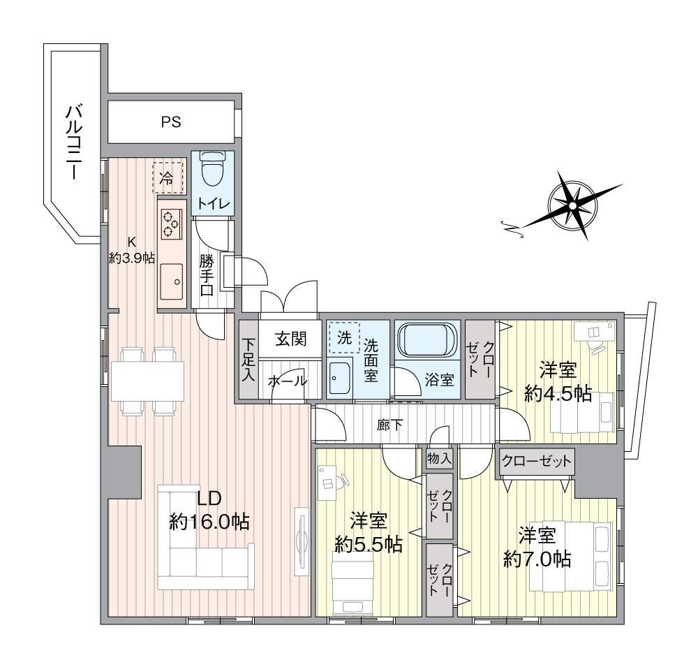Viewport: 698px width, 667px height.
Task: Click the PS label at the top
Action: coord(171,122)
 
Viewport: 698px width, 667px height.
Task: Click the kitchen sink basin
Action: coord(172,281)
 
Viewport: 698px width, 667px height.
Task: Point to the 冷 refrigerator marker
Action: coord(167,177)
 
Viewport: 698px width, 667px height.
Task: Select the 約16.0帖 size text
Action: coord(209,522)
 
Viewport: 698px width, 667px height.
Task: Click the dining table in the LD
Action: coord(147,380)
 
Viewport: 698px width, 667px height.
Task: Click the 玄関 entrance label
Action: coord(290,339)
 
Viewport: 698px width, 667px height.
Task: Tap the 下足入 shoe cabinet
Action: coord(248,360)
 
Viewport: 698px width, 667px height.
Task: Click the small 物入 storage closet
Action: coord(439,458)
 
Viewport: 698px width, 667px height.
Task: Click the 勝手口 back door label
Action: coord(206,276)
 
